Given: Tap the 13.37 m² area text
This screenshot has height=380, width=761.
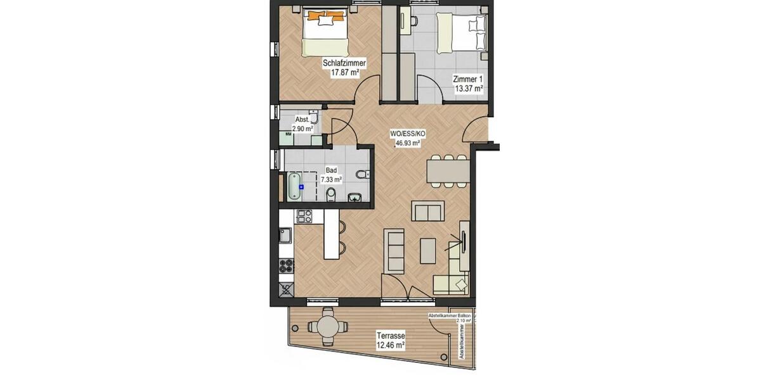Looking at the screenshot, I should (x=468, y=89).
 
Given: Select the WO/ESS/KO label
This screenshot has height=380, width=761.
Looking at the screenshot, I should (x=407, y=134).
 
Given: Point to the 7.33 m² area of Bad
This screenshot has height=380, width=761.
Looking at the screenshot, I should (x=331, y=180).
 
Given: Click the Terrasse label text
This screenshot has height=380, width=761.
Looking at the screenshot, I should (x=390, y=336).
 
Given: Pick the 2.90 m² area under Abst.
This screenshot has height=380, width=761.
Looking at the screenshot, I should (x=302, y=129).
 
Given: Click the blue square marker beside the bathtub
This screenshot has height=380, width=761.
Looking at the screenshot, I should (x=302, y=187).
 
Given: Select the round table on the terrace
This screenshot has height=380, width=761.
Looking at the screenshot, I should (x=327, y=327).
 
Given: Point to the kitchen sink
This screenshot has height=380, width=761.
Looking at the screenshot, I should (x=285, y=236).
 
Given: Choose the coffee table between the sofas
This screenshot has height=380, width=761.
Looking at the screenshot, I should (x=428, y=250).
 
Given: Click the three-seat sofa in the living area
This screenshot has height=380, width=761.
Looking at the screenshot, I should (x=394, y=251).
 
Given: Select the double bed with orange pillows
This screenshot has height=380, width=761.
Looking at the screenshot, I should (x=325, y=32).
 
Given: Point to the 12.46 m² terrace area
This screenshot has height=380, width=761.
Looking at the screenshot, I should (x=390, y=345).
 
